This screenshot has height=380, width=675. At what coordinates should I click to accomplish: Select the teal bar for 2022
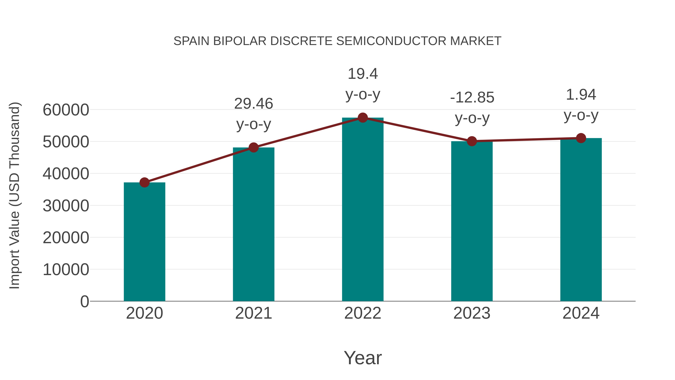[363, 210]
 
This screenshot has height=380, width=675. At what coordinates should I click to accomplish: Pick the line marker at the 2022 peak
[363, 118]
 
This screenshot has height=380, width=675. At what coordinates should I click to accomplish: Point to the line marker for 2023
[472, 141]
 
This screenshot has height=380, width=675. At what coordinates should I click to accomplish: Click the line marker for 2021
[253, 147]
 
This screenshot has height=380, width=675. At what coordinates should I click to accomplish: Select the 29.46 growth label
[253, 104]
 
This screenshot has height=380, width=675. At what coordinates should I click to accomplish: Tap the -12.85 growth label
[472, 98]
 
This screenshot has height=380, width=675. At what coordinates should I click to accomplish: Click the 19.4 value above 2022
[363, 74]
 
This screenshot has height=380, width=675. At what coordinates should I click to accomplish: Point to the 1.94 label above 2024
[581, 95]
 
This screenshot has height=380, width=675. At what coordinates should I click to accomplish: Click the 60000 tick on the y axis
[66, 110]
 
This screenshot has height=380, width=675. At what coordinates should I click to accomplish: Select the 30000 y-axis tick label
[66, 206]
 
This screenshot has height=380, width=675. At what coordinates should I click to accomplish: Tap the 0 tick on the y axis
[84, 301]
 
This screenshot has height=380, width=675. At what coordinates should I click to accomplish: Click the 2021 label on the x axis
[253, 313]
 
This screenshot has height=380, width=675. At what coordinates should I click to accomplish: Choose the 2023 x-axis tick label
[472, 313]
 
